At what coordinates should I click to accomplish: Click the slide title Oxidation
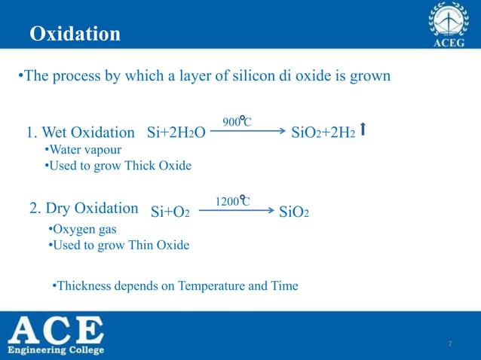tap(75, 34)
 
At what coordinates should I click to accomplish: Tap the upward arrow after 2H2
tap(364, 131)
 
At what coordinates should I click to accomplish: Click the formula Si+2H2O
tap(176, 134)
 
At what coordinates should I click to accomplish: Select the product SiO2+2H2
tap(323, 134)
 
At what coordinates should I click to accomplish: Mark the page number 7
tap(450, 344)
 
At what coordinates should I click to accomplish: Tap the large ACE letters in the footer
tap(57, 331)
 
